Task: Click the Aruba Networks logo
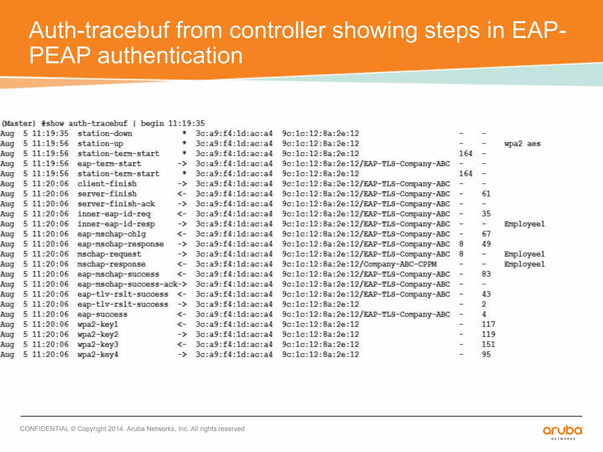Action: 563,432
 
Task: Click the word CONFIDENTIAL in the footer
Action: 44,429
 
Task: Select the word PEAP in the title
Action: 60,56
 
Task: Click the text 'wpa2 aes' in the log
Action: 522,144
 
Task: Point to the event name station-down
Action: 105,134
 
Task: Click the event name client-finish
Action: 107,184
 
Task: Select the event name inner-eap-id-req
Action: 114,214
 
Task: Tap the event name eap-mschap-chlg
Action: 112,234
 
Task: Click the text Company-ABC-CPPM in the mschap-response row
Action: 400,264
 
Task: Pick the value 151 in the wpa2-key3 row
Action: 488,344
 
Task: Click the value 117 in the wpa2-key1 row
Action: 488,324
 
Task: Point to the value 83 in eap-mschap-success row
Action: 486,274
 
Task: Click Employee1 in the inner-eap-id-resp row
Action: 524,224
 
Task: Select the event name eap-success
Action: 102,314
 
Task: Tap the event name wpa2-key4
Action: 98,354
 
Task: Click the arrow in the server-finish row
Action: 182,194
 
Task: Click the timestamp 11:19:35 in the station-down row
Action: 50,134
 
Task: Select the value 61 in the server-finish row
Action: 486,194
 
